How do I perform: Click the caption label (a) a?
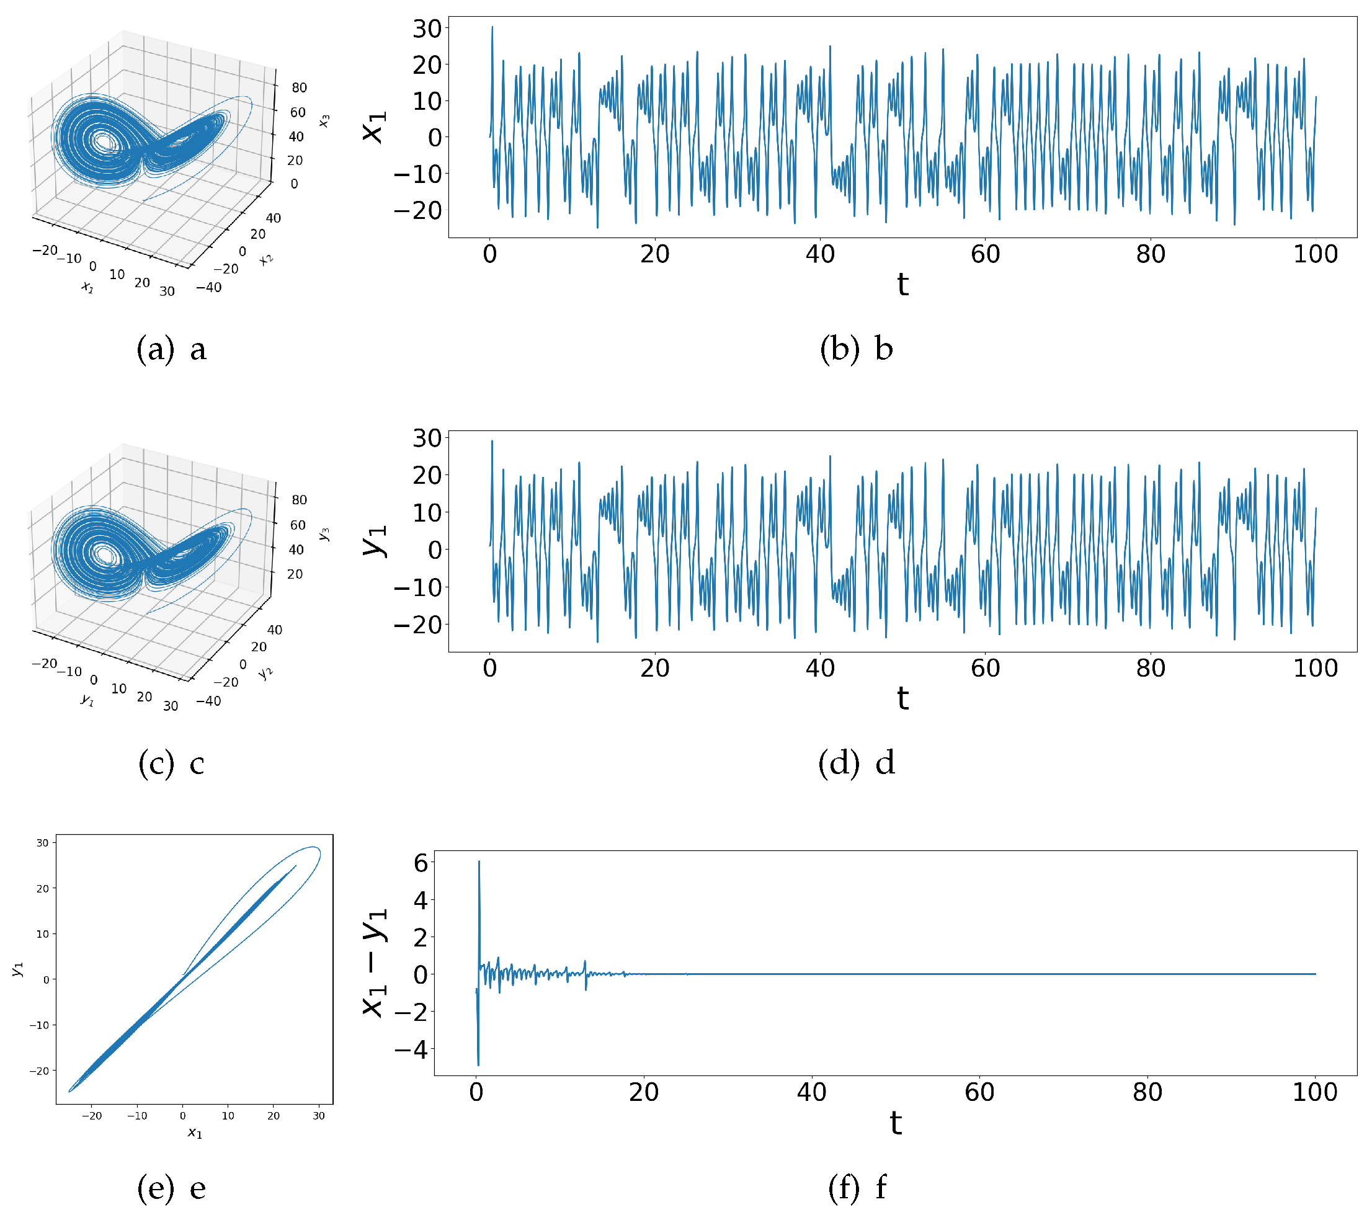(x=171, y=350)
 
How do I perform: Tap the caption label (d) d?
(x=857, y=764)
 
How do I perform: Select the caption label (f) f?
(x=857, y=1187)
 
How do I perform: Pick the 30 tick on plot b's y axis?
(x=427, y=29)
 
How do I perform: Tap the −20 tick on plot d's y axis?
(x=417, y=625)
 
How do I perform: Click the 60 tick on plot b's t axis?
(x=985, y=254)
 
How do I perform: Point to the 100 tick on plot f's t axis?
(x=1314, y=1092)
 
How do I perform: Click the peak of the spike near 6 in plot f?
(x=479, y=862)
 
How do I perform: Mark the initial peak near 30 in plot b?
(x=492, y=27)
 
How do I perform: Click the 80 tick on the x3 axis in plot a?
(x=300, y=88)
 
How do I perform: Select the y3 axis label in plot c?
(x=324, y=534)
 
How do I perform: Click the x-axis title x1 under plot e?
(x=195, y=1133)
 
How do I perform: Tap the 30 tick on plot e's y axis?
(x=42, y=843)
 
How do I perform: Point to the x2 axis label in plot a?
(x=267, y=259)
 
